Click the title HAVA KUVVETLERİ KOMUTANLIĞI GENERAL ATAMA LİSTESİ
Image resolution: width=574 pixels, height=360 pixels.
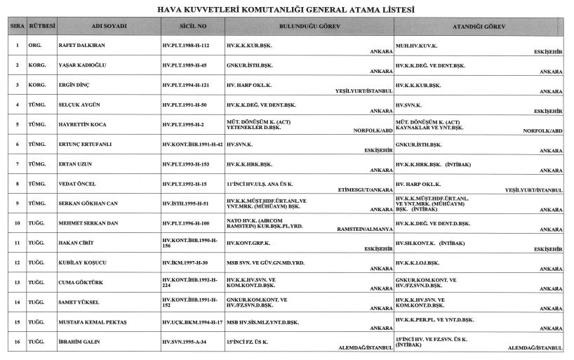[287, 11]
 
